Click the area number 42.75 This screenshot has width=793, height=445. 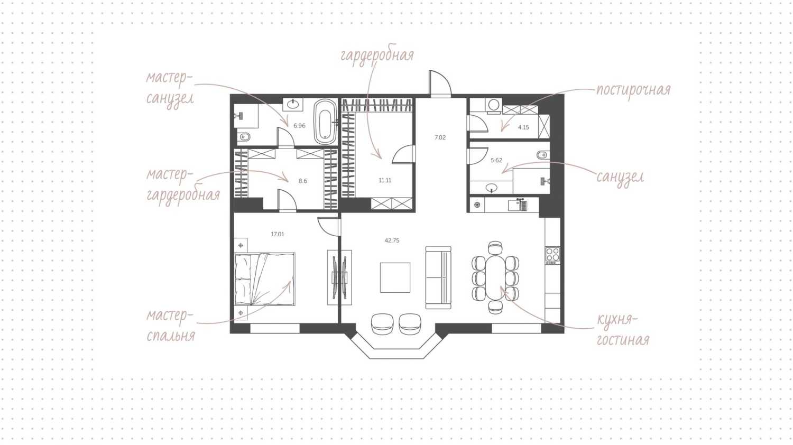point(392,240)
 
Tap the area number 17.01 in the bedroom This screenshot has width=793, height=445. point(278,234)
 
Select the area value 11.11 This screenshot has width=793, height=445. point(385,180)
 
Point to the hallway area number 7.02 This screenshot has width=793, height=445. point(440,137)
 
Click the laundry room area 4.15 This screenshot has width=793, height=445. point(523,127)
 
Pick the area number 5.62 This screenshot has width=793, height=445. point(496,160)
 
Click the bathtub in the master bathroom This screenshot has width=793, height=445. point(325,122)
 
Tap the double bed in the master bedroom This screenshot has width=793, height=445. point(265,279)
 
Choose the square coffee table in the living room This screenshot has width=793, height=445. point(395,277)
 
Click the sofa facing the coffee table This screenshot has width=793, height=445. point(438,277)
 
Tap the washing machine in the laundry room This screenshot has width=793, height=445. point(493,106)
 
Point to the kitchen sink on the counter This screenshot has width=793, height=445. point(518,206)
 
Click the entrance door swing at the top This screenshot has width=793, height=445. point(440,84)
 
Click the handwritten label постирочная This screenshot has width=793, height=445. point(633,90)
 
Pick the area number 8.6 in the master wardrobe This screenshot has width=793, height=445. point(303,181)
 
